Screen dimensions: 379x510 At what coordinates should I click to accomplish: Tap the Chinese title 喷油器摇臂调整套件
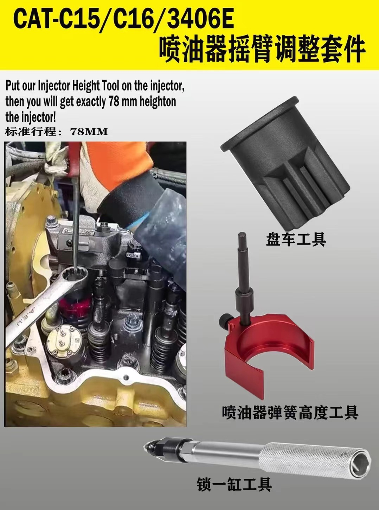(262, 50)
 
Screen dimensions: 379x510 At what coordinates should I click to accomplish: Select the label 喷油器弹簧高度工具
(290, 412)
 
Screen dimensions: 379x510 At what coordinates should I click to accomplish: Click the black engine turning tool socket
(285, 164)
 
